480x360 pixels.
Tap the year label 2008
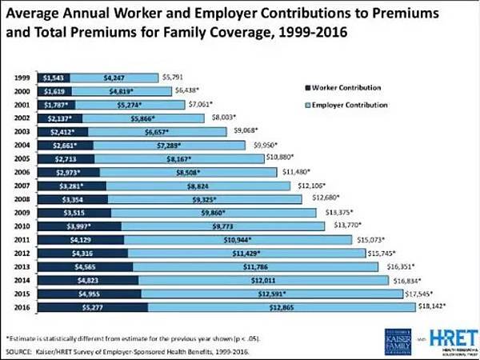click(x=23, y=198)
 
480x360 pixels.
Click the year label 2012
click(x=23, y=253)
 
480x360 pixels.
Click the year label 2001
click(x=23, y=105)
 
